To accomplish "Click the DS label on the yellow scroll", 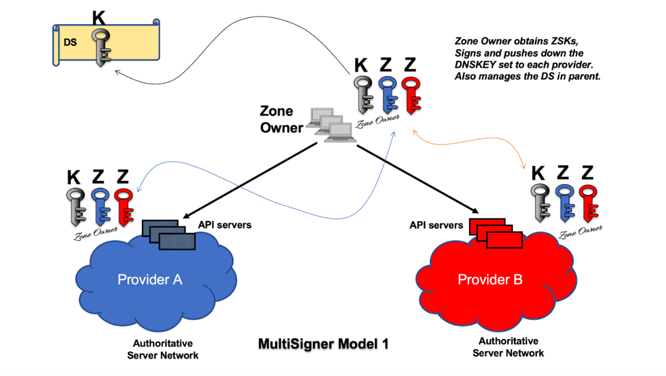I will [x=70, y=43].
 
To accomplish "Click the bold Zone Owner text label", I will [x=281, y=119].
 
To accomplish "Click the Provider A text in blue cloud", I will [x=150, y=279].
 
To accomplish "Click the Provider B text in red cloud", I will [x=490, y=279].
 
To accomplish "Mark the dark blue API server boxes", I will [x=169, y=235].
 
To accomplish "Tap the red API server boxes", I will [x=495, y=233].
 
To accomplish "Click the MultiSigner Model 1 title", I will [x=323, y=344].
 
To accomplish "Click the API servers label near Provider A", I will [x=225, y=225].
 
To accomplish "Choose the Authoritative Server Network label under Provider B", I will [x=508, y=347].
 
